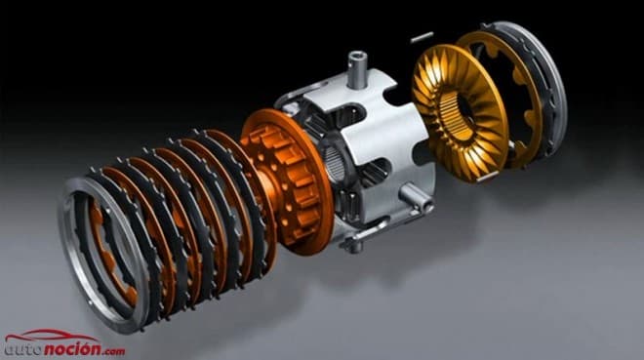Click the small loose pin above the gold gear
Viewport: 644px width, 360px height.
pyautogui.click(x=422, y=36)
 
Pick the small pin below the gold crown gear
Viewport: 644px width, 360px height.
pyautogui.click(x=488, y=177)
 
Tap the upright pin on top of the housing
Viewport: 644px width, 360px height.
pyautogui.click(x=356, y=69)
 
